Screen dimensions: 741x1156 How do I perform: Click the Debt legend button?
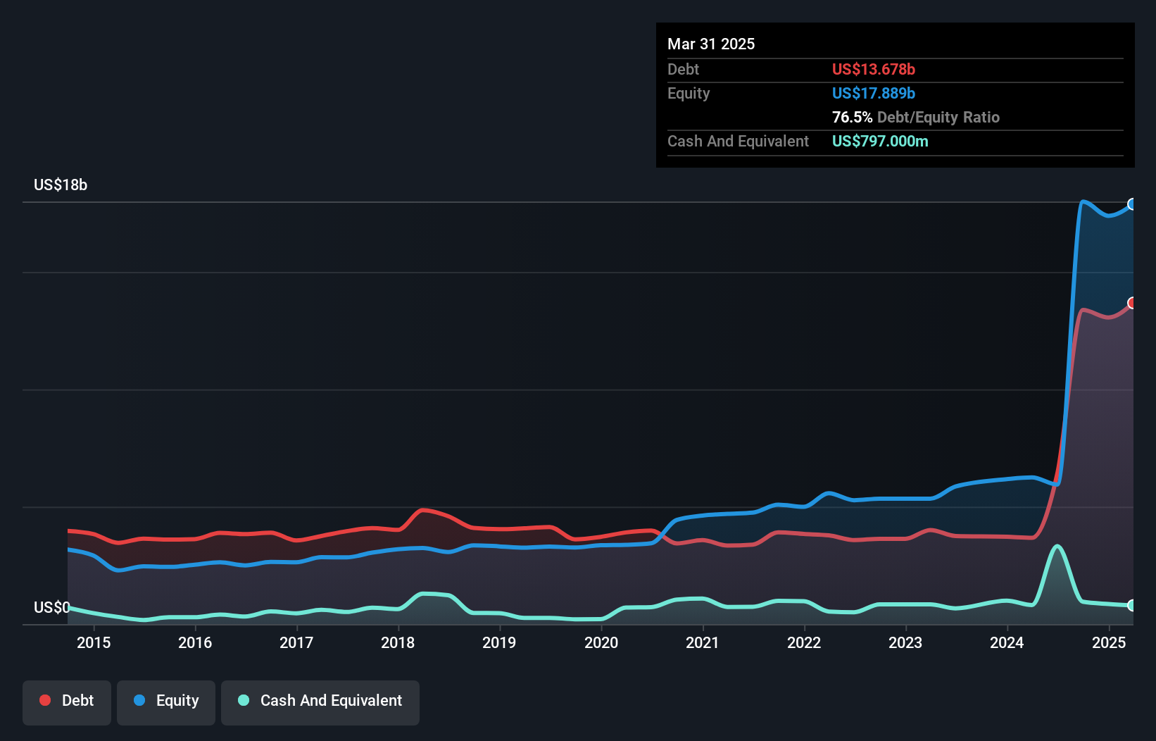pos(67,702)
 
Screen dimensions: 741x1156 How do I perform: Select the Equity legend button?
pos(166,702)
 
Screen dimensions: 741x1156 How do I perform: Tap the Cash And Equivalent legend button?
pos(320,702)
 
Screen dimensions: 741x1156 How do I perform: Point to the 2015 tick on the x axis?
pos(94,642)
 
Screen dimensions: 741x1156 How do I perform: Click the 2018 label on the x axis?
pos(398,642)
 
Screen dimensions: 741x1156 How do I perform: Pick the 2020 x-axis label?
pos(601,642)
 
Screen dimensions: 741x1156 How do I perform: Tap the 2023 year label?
pos(905,642)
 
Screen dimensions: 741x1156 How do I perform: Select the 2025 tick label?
pos(1109,642)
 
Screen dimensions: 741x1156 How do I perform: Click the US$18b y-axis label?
pos(61,185)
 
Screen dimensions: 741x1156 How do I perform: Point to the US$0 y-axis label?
pos(51,607)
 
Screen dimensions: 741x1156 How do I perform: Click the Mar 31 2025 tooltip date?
pos(711,44)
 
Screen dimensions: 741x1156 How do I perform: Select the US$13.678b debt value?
pos(873,70)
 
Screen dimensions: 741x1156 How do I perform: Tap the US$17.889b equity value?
pos(873,94)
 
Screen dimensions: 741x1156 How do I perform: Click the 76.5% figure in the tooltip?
pos(852,118)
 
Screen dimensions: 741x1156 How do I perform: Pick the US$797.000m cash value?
pos(880,142)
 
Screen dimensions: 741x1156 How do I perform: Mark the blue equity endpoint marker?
pos(1132,204)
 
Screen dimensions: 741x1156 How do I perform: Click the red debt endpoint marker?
pos(1132,303)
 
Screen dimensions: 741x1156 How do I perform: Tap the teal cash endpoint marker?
pos(1132,605)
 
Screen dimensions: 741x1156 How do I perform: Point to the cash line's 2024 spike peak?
pos(1057,546)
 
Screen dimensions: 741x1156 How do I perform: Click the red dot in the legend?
pos(45,700)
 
